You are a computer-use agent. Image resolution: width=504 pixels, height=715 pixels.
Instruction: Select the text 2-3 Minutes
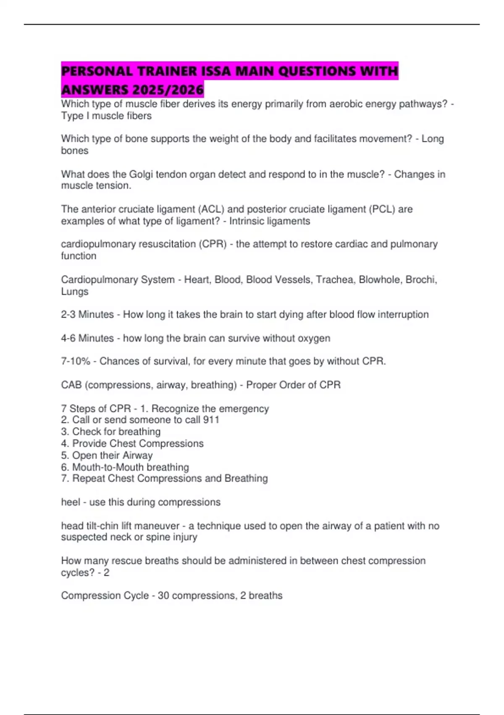87,315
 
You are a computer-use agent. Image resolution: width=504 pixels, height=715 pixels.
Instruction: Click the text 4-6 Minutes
87,338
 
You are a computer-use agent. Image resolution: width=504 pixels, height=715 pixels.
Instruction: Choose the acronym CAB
71,385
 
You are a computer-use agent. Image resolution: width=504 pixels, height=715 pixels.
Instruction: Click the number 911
211,420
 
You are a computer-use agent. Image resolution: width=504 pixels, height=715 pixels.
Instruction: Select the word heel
70,502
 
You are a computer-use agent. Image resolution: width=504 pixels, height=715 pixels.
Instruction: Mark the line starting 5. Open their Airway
107,455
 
